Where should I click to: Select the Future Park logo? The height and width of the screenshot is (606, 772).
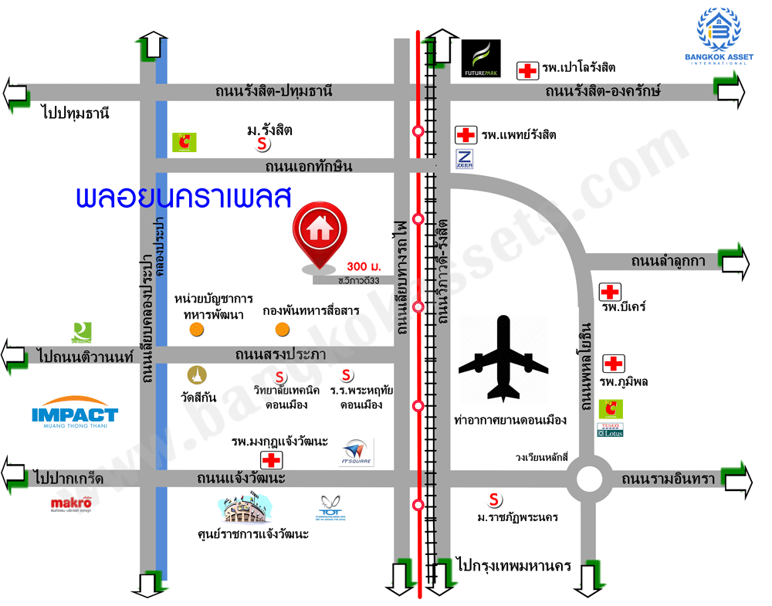[481, 59]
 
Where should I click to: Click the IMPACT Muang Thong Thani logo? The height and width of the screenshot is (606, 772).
[75, 415]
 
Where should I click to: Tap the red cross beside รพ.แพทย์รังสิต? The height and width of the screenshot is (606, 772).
[466, 135]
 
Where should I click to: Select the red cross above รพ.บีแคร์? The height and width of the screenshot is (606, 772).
[610, 292]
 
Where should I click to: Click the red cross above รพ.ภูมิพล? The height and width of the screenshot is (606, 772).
[614, 363]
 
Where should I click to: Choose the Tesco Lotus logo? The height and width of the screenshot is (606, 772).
[610, 430]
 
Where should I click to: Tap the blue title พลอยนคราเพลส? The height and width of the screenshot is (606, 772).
[183, 198]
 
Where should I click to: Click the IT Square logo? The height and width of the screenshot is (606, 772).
[356, 452]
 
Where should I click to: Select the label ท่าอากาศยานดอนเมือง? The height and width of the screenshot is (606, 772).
[510, 420]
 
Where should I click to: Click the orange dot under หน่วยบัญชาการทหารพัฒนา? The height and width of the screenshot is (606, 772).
[198, 330]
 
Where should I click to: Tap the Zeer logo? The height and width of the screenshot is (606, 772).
[465, 160]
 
